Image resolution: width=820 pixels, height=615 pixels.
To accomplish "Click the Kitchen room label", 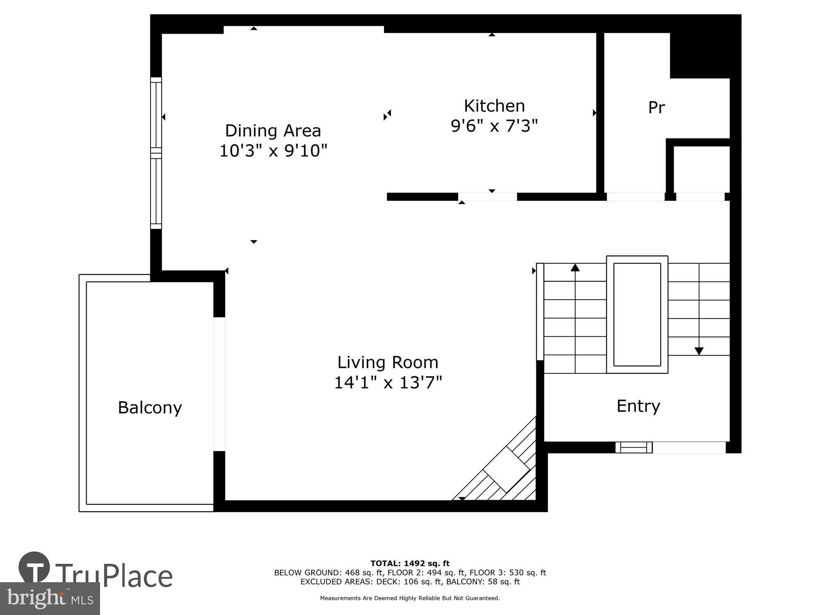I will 494,106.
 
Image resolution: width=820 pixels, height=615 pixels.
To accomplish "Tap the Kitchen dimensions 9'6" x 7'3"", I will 494,126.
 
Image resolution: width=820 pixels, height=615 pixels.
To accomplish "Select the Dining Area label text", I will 273,131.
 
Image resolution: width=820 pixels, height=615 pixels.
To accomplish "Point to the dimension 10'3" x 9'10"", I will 273,151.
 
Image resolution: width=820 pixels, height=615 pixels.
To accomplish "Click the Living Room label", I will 387,362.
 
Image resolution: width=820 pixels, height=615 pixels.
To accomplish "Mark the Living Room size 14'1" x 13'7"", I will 388,383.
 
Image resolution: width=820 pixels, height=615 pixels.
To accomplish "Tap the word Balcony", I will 150,408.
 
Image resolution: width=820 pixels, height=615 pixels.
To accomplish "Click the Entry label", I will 638,406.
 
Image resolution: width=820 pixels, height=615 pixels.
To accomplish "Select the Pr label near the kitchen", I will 656,107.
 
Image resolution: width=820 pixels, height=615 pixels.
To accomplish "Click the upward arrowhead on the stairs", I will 575,268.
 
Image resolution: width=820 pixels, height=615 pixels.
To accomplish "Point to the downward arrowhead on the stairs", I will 699,351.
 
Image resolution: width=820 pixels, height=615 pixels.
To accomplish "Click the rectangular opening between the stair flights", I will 637,314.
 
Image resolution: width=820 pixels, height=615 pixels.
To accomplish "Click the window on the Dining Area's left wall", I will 156,153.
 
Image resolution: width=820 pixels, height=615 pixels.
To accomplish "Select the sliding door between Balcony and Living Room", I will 219,384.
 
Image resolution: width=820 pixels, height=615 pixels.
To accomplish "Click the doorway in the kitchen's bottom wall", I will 487,197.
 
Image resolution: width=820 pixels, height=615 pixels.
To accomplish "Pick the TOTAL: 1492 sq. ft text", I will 410,563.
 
